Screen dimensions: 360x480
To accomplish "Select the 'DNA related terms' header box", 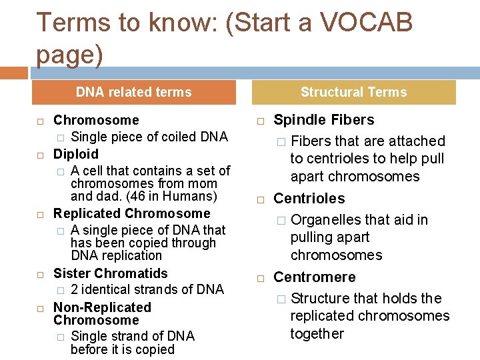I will coord(134,92).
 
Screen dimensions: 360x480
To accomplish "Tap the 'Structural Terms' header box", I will coord(353,92).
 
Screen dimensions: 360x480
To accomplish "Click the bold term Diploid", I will coord(76,154).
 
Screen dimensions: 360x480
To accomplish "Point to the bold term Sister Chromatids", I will coord(111,273).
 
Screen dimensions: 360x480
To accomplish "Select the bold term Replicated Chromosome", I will coord(131,213).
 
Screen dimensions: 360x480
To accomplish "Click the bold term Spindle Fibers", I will coord(324,120).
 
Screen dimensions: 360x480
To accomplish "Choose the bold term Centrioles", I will coord(309,199).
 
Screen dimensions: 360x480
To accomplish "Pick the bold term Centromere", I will coord(315,277).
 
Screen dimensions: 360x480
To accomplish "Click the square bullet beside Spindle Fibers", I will coord(261,121).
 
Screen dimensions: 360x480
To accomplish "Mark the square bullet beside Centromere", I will coord(261,279).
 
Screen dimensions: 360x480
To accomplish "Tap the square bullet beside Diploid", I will coord(40,155).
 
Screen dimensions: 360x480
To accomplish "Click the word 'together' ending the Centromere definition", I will coord(317,333).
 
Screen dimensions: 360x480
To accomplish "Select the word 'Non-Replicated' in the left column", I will coord(102,307).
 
